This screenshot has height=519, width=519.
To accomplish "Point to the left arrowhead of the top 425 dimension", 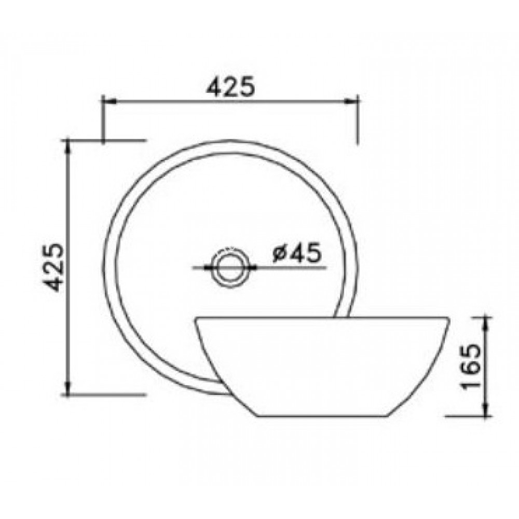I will (107, 102).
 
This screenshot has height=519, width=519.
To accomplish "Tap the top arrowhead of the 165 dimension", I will (487, 322).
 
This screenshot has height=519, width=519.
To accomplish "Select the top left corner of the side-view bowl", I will (195, 318).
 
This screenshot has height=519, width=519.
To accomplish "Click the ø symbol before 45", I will (278, 254).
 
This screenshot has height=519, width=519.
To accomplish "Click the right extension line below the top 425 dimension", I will (358, 125).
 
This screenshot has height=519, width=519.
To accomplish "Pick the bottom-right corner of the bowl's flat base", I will (390, 416).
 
